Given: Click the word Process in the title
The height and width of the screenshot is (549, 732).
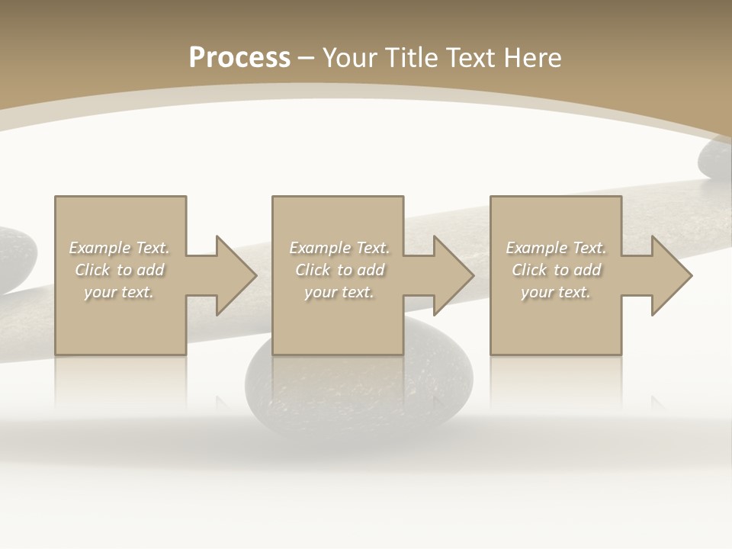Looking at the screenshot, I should pyautogui.click(x=239, y=58).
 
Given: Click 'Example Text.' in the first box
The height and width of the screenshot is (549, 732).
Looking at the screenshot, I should pyautogui.click(x=119, y=248).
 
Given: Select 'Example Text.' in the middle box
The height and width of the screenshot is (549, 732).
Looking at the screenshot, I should pyautogui.click(x=339, y=248).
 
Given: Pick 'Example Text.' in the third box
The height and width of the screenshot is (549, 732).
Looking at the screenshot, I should pyautogui.click(x=556, y=248).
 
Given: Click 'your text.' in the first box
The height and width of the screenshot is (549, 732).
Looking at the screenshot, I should pyautogui.click(x=119, y=292).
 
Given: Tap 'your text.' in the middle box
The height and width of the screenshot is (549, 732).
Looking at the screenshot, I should pyautogui.click(x=339, y=292).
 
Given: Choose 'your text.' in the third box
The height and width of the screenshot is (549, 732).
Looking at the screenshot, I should pyautogui.click(x=556, y=292).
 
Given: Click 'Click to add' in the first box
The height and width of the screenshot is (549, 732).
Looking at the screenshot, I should pyautogui.click(x=119, y=270).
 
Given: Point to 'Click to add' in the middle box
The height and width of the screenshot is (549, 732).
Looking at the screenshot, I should pyautogui.click(x=339, y=270).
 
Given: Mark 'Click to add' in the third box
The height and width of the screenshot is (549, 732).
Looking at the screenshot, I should pyautogui.click(x=556, y=270).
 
